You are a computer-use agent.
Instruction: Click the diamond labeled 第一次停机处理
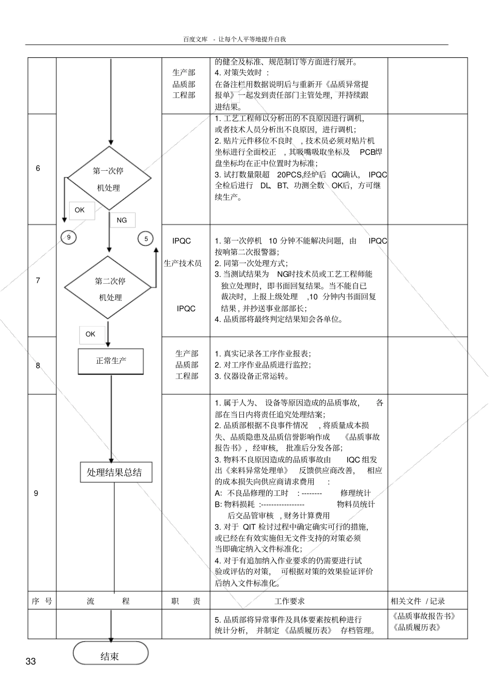tap(109, 179)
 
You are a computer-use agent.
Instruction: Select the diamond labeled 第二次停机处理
tap(110, 288)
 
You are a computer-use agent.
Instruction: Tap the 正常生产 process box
tap(111, 361)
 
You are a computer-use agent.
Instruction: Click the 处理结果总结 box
tap(116, 472)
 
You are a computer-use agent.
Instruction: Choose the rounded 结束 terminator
tap(110, 655)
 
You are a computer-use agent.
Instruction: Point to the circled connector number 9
tap(69, 237)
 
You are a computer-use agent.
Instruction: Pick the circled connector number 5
tap(146, 238)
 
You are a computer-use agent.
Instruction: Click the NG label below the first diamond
tap(122, 220)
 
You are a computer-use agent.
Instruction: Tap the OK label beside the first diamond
tap(79, 210)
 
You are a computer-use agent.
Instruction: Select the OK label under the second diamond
tap(90, 334)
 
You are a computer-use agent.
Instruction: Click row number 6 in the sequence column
tap(38, 168)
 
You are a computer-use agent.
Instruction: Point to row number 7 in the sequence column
tap(38, 280)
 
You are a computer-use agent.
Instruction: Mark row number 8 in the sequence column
tap(38, 365)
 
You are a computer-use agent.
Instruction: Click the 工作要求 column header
tap(289, 601)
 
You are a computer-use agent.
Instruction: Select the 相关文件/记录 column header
tap(418, 601)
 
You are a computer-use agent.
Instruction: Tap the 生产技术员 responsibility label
tap(183, 263)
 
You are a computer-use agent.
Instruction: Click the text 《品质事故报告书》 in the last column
tap(424, 616)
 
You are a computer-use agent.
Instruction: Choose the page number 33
tap(30, 661)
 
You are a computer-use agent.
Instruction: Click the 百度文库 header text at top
tap(195, 39)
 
